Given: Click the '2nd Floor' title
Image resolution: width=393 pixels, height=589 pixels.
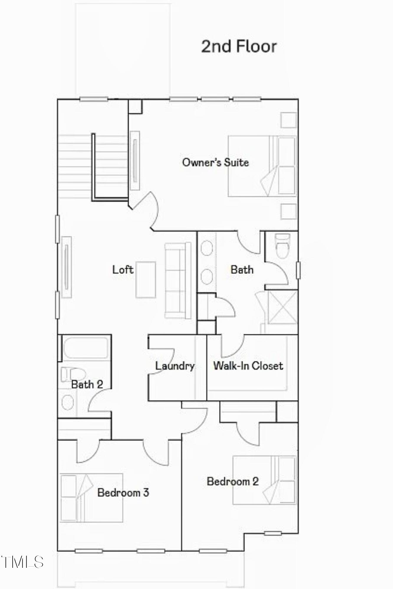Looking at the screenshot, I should coord(239,47).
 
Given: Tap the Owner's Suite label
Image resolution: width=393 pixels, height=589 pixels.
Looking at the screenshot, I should coord(215,162).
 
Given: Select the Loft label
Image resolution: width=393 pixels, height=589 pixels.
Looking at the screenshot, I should coord(123,269).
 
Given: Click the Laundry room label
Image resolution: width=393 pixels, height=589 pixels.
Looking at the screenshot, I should coord(175,366).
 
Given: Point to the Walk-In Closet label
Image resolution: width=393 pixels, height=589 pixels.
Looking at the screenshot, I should coord(248,366).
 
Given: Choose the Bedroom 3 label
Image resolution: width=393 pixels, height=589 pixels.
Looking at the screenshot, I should coord(123,492).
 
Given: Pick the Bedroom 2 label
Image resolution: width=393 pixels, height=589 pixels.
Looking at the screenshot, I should coord(233,481).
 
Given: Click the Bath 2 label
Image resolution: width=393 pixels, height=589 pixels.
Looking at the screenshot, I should coord(87,384).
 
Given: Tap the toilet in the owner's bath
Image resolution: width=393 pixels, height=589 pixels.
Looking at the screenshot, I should coord(282,246).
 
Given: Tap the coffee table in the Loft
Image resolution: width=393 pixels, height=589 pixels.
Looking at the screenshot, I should coord(146,279).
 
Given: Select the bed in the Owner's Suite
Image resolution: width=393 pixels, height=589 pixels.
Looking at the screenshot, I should coord(262,166).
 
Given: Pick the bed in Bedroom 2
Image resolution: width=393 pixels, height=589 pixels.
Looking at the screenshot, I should coord(264,480).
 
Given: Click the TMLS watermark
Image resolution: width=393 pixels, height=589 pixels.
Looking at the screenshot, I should coord(22,562).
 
